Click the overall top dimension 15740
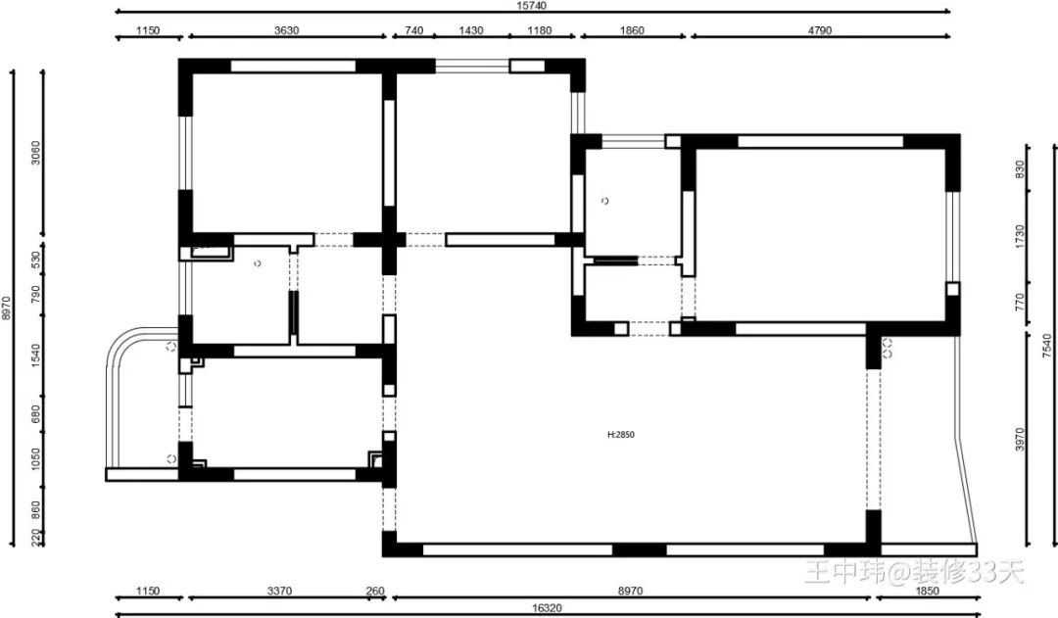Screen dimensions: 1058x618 tap(532, 6)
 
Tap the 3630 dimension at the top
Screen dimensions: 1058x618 tap(287, 30)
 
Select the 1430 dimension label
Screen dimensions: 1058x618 tap(471, 30)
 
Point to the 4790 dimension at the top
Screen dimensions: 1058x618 tap(820, 30)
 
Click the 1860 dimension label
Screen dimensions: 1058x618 tap(632, 30)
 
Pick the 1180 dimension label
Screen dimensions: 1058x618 tap(539, 30)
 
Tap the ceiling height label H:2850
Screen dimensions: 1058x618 tap(621, 435)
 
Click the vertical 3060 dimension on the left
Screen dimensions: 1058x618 tap(36, 152)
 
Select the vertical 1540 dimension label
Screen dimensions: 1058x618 tap(36, 356)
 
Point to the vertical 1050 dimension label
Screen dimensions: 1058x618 tap(36, 459)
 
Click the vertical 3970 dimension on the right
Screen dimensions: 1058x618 tap(1020, 439)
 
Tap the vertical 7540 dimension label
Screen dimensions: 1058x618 tap(1046, 346)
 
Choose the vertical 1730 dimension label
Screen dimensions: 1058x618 tap(1020, 237)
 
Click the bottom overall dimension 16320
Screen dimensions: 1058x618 tap(547, 608)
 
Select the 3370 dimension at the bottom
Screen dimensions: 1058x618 tap(279, 591)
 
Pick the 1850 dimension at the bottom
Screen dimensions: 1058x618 tap(927, 591)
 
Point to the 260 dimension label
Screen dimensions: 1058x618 tap(375, 591)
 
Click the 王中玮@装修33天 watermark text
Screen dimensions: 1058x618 tap(915, 572)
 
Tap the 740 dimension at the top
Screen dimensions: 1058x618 tap(413, 30)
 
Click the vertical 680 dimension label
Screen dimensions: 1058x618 tap(36, 413)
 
